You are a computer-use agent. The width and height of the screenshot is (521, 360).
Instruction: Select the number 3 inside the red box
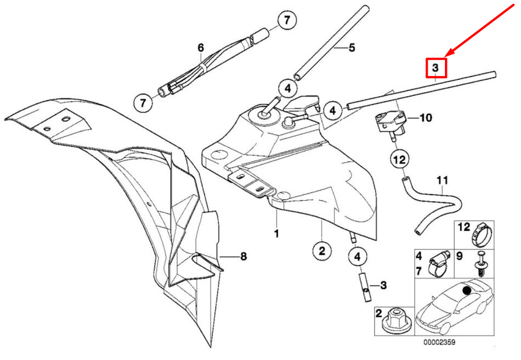click(436, 68)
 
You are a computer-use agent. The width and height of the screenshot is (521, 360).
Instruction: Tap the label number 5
click(352, 48)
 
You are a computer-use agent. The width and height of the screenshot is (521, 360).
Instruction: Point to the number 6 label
click(201, 48)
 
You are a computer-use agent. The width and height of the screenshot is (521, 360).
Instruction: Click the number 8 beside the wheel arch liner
click(243, 256)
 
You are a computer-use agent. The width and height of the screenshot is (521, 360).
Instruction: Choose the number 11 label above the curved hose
click(442, 181)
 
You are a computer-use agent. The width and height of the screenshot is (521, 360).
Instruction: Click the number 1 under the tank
click(276, 233)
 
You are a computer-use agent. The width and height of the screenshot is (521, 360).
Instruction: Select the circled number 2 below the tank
click(322, 251)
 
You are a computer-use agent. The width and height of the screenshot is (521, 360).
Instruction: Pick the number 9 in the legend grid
click(459, 256)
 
